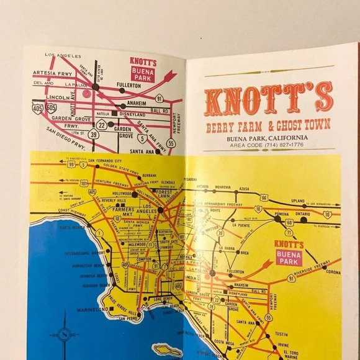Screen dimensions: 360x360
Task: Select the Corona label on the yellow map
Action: pyautogui.click(x=333, y=272)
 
